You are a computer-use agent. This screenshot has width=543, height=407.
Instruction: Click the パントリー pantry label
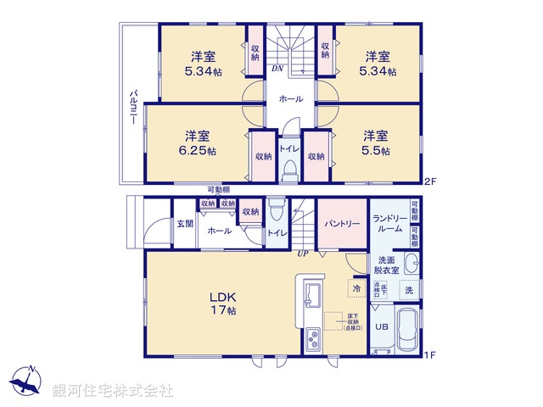click(x=343, y=224)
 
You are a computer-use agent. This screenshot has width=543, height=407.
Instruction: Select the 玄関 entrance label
click(x=185, y=224)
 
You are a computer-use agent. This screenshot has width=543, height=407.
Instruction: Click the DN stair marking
click(x=277, y=68)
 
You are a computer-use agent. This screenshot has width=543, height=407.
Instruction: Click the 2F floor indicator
click(x=430, y=180)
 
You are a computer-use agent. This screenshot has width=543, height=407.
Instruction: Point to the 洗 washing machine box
click(x=408, y=289)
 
